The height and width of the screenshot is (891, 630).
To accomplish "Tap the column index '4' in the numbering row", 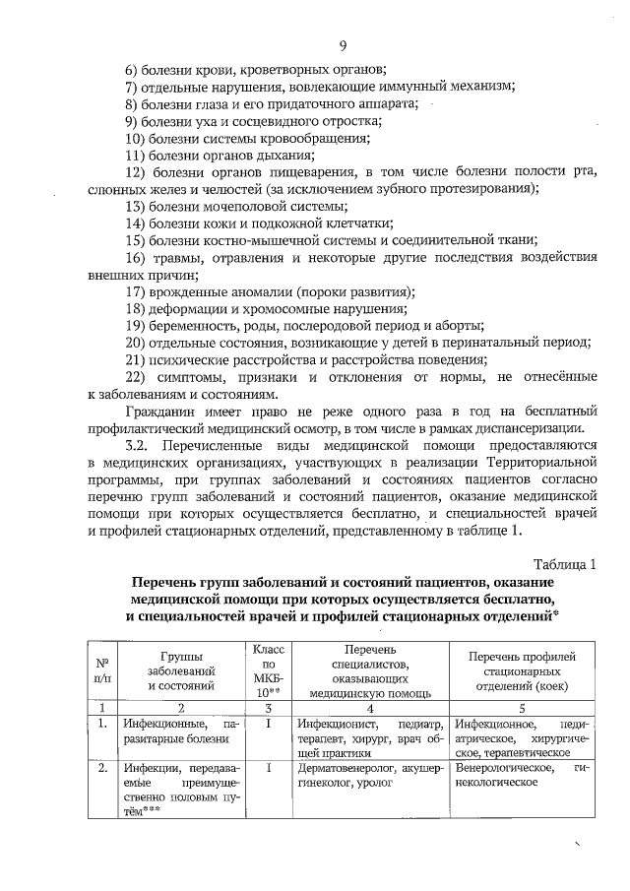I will [x=370, y=707].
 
